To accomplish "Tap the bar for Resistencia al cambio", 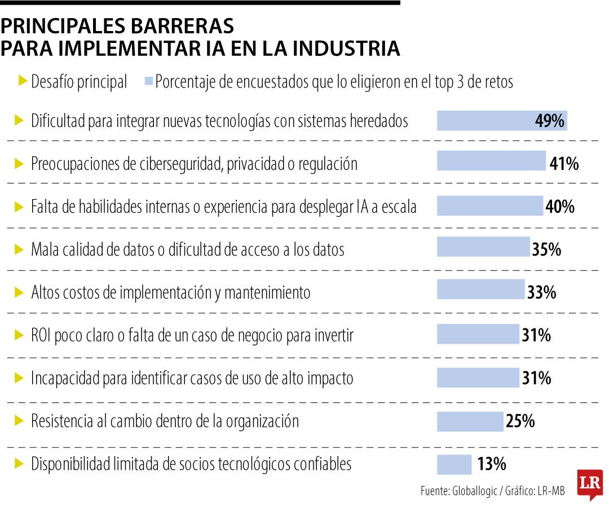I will click(x=470, y=421).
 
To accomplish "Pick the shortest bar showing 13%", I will click(x=454, y=465).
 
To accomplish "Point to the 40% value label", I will click(x=559, y=207).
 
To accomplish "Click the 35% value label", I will click(x=546, y=249).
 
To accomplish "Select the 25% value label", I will click(x=520, y=421).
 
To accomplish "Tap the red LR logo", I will click(x=590, y=484).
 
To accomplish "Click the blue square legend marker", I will click(x=149, y=81).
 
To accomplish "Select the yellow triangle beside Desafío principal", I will click(x=23, y=81).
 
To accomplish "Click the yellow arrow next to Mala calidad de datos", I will click(x=20, y=248).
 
